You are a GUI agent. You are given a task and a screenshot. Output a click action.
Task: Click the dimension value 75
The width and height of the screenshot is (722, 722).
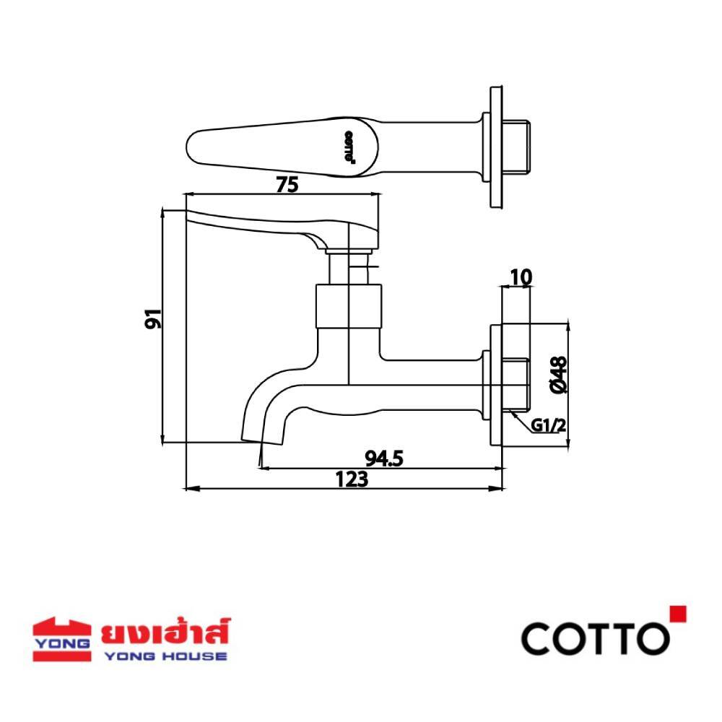(x=287, y=185)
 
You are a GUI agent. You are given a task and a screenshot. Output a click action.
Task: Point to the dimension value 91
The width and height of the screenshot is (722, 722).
(x=153, y=318)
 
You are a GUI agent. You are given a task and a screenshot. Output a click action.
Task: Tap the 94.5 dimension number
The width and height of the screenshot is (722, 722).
(x=384, y=458)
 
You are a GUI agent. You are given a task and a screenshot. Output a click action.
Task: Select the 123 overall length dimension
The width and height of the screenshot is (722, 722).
(x=352, y=479)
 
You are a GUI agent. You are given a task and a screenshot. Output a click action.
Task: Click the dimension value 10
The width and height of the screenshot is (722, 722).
(x=521, y=277)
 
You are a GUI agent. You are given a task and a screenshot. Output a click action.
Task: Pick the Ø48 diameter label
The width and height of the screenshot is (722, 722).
(x=559, y=375)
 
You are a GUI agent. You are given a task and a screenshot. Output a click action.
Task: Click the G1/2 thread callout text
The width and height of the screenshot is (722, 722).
(x=548, y=425)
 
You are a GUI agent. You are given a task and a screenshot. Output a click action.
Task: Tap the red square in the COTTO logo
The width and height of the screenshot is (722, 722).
(x=678, y=614)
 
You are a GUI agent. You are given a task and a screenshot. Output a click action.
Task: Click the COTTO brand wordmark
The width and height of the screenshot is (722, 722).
(x=596, y=638)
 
